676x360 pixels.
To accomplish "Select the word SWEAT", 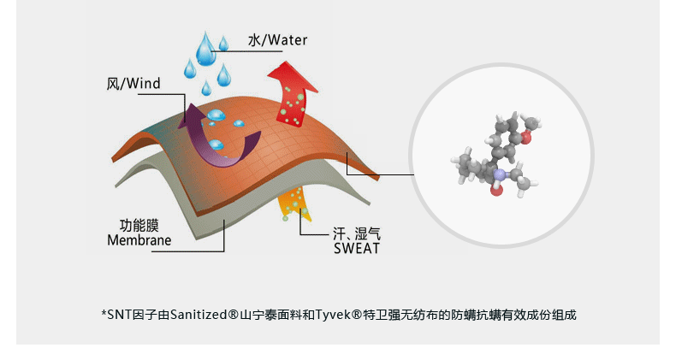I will [355, 249].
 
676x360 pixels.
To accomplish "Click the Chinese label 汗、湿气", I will [355, 233].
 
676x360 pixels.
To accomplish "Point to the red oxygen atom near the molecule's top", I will [526, 135].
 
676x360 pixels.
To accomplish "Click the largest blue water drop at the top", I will [206, 50].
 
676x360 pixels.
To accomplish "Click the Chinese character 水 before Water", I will [253, 40].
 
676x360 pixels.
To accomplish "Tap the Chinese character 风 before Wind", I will [113, 84].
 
